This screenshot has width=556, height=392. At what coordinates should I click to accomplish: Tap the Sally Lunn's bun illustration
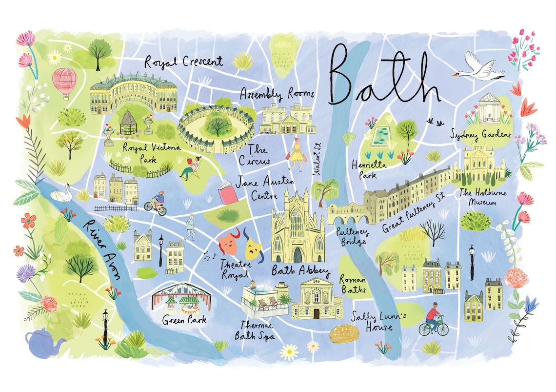click(344, 334)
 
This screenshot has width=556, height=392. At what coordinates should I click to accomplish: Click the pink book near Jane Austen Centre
click(228, 193)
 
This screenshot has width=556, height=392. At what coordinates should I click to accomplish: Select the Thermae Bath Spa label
click(255, 330)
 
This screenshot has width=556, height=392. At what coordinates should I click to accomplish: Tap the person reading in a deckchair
click(189, 167)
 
